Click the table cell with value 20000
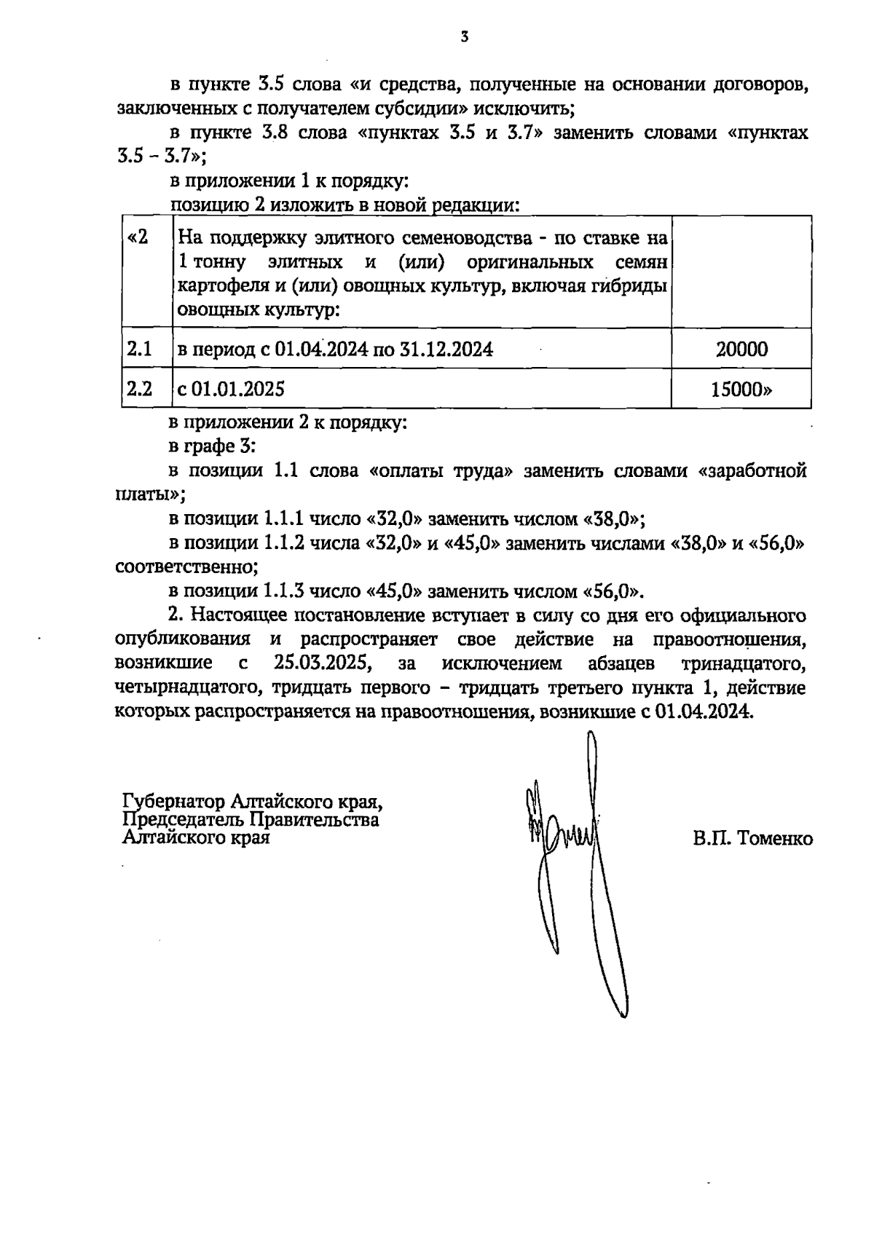[x=741, y=350]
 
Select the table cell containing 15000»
[x=741, y=390]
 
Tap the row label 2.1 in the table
[x=138, y=350]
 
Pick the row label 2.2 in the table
[x=138, y=390]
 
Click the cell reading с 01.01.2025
[x=231, y=390]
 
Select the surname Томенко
[x=774, y=839]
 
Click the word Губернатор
[x=173, y=802]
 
